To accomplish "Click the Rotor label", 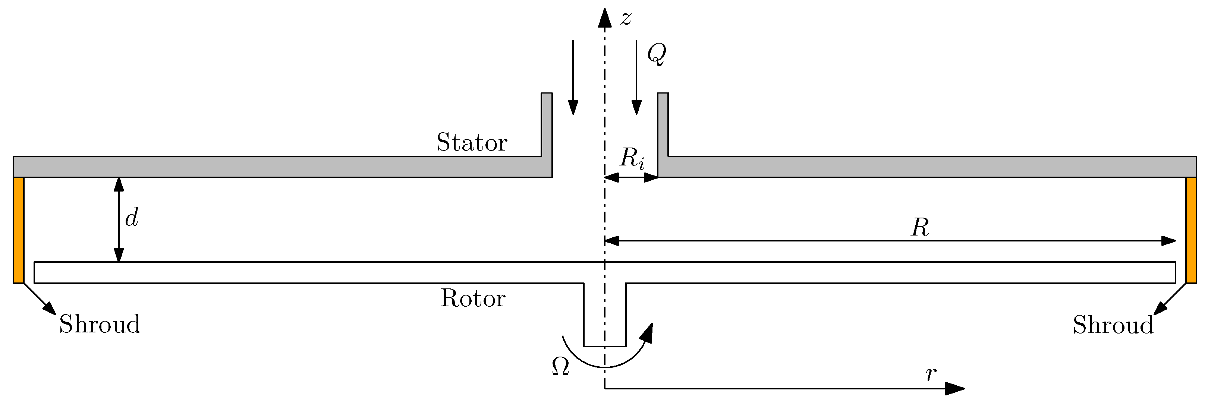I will coord(473,298).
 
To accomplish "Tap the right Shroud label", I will coord(1113,325).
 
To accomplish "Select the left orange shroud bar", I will coord(18,230).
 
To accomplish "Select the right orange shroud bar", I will coord(1190,230).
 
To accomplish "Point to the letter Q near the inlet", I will coord(656,54).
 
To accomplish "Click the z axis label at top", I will coord(626,18).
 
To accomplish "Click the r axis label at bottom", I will coord(931,374).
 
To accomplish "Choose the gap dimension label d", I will coord(132,218).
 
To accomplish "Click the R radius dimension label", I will coord(919,228).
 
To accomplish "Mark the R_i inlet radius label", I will coord(632,158).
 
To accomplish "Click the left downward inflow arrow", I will coord(573,78).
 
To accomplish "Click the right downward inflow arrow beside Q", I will coord(636,78).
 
